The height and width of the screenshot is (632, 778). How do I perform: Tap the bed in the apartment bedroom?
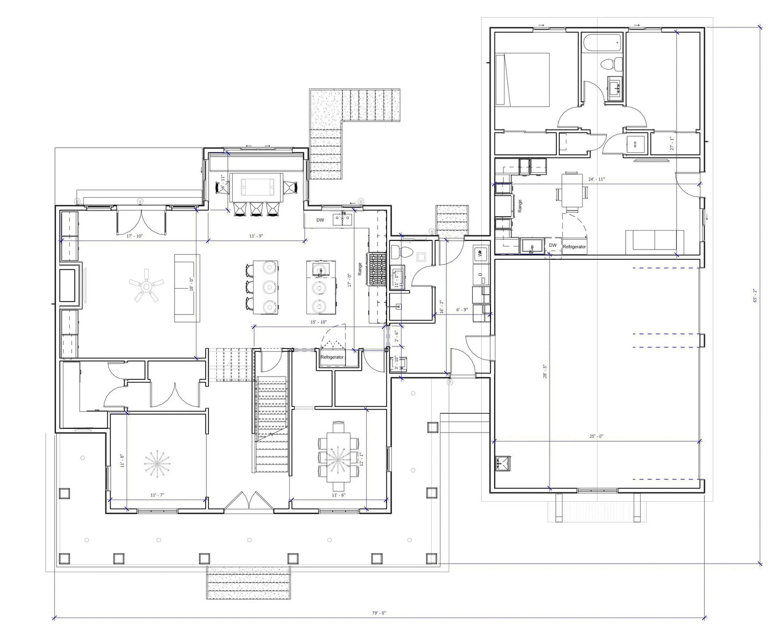click(x=522, y=79)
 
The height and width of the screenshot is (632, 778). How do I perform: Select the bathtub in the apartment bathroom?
click(x=602, y=44)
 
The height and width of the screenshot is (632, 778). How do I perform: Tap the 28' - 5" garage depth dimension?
click(x=545, y=372)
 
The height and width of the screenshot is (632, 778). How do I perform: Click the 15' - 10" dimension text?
click(x=318, y=322)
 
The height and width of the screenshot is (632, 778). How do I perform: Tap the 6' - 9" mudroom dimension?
click(x=461, y=310)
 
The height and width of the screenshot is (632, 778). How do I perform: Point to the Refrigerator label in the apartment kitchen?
click(x=574, y=247)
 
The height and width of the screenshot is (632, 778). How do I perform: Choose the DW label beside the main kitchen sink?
click(x=320, y=220)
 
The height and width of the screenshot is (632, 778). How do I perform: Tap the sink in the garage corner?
click(x=503, y=463)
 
